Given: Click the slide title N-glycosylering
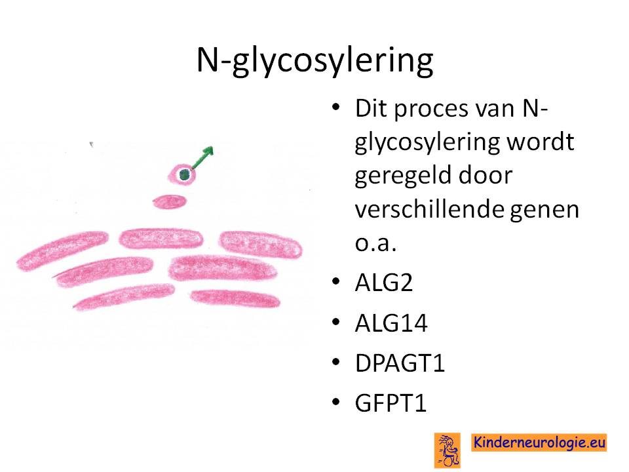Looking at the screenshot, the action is point(315,60).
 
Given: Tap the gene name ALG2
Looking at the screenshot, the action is point(384,283).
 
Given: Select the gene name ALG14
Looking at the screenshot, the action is point(392,323).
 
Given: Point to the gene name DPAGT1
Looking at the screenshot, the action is point(400,363).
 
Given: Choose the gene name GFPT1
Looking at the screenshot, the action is point(391,403).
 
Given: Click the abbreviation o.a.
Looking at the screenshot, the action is point(376,243).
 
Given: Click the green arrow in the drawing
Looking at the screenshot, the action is point(202,158).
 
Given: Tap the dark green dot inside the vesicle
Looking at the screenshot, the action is point(185,174).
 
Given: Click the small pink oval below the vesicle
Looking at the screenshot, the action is point(170,201).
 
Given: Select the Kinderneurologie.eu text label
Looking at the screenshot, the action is point(539,442).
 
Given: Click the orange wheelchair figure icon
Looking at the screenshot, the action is point(448,450).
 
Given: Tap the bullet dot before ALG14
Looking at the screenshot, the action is point(336,323).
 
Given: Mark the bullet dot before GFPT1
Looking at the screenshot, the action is point(336,403).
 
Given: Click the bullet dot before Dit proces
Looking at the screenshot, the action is point(336,107).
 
